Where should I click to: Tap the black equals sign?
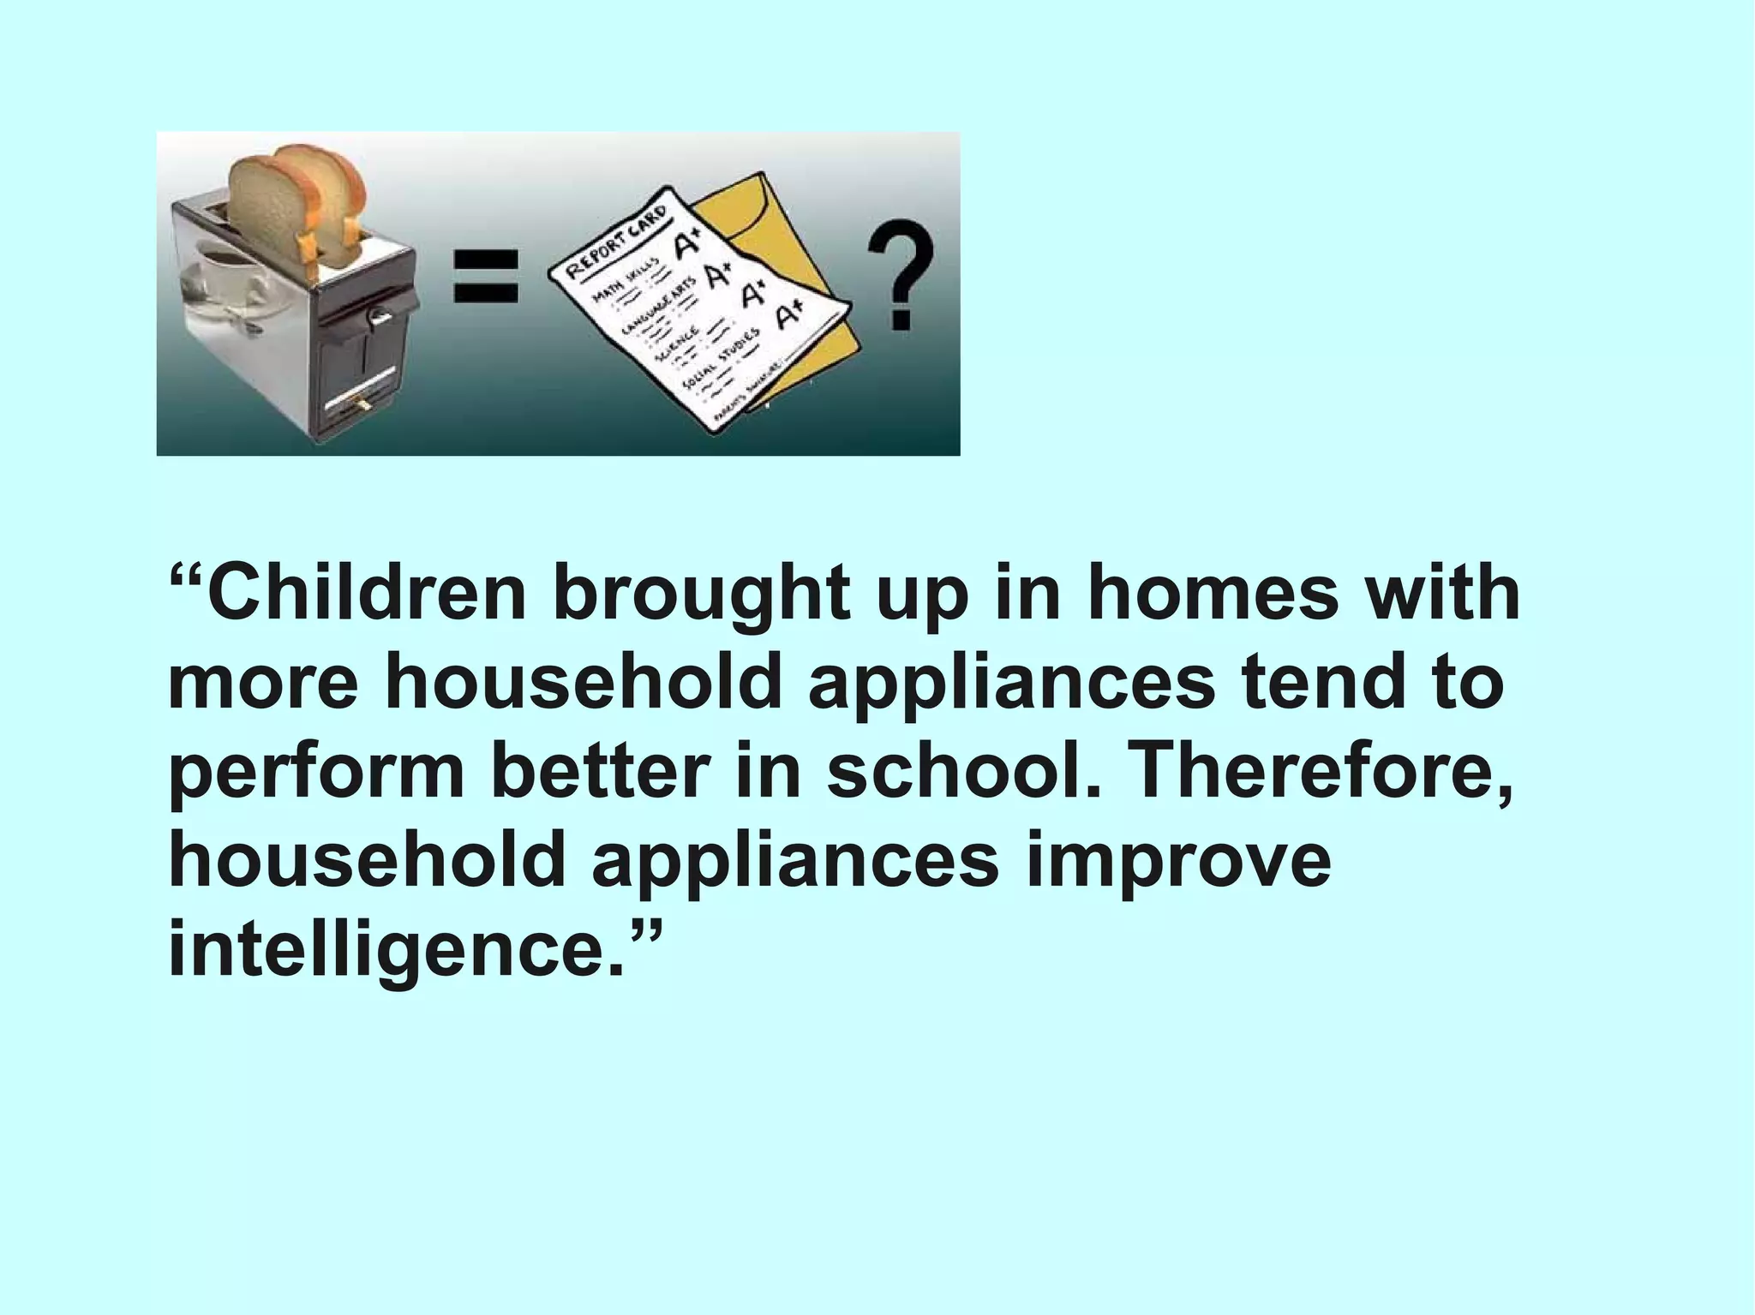point(486,275)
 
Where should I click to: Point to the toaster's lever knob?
point(378,316)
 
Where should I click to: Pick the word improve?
point(1178,860)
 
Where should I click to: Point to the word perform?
point(316,770)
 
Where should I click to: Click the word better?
point(600,770)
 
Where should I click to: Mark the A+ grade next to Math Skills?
point(686,246)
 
